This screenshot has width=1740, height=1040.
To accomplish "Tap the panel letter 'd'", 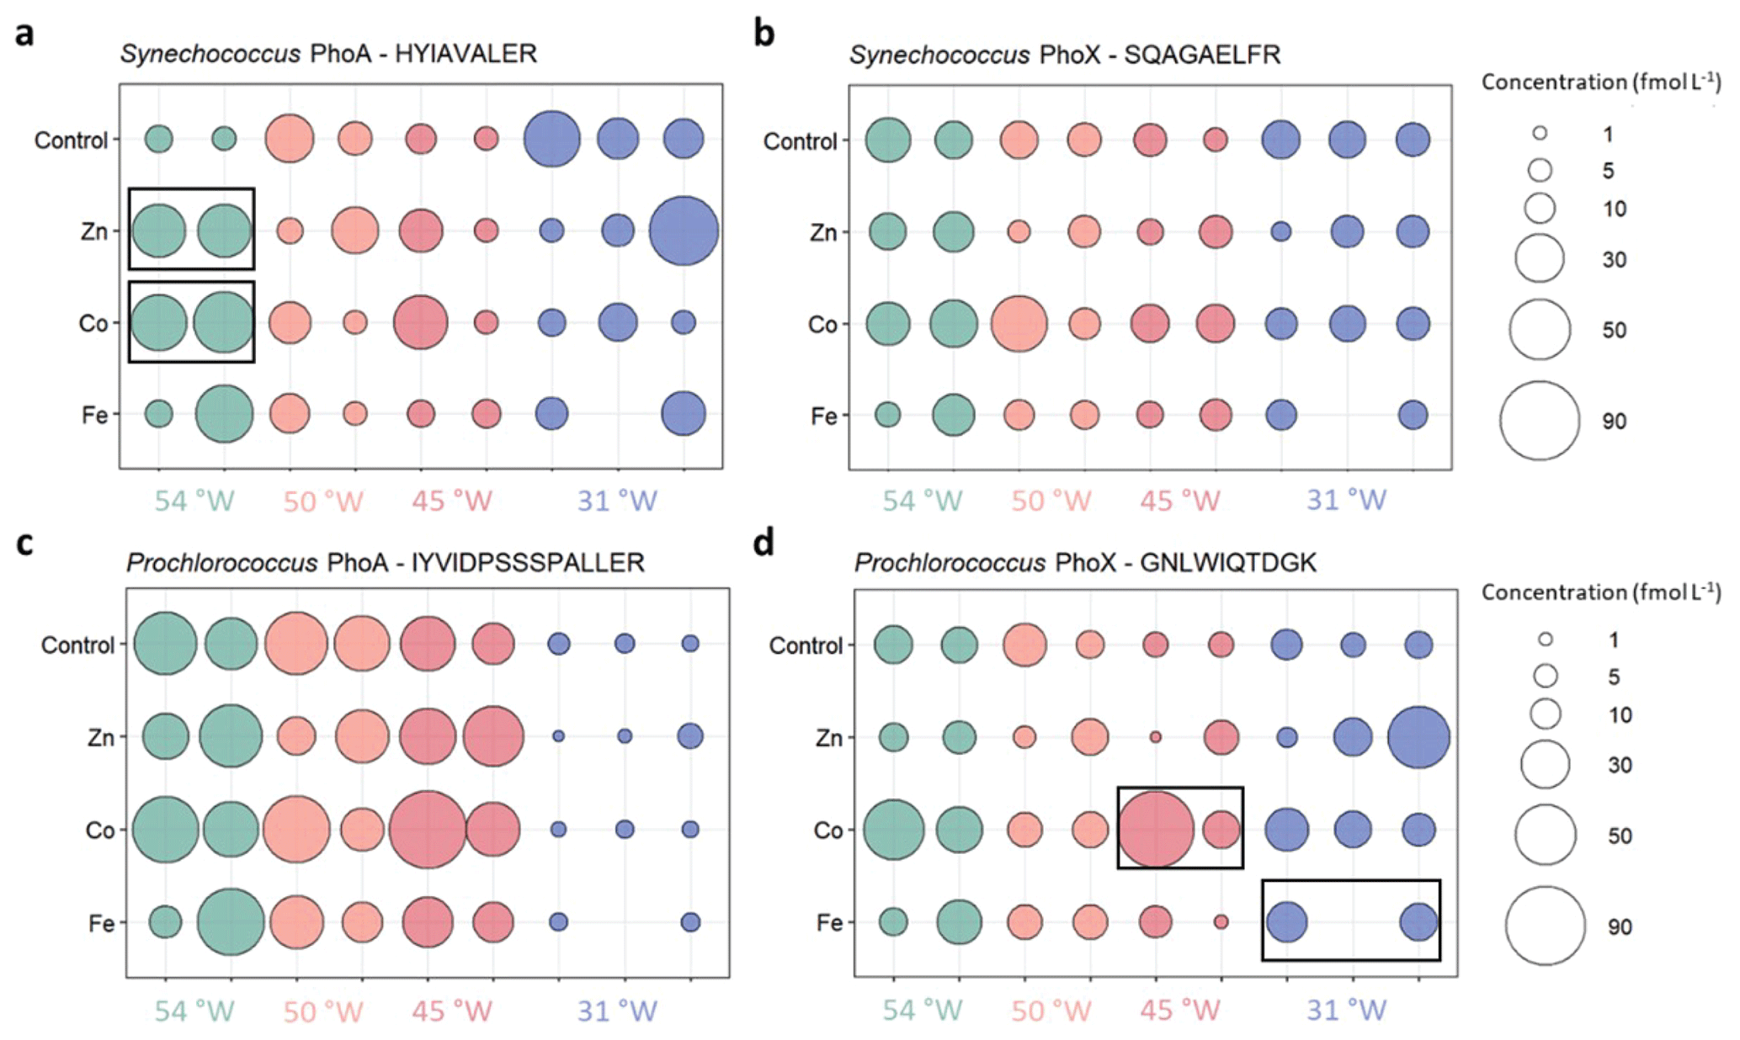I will (x=764, y=544).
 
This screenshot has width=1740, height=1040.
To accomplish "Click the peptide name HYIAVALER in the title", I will (x=466, y=54).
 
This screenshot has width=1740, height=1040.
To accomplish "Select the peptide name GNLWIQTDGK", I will (x=1228, y=562).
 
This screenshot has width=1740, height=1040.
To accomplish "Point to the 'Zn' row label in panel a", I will (x=93, y=231).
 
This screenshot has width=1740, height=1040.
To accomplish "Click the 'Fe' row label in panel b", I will (x=823, y=416).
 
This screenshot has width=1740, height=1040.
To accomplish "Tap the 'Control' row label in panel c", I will (x=77, y=645).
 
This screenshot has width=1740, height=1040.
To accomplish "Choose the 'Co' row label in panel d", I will (x=827, y=830).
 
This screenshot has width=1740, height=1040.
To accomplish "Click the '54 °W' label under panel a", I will (x=194, y=501).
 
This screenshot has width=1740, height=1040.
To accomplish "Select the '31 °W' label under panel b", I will (x=1346, y=500).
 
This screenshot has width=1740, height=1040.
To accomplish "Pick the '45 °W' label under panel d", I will (x=1180, y=1010).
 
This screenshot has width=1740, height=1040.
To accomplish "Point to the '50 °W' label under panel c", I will (x=322, y=1011).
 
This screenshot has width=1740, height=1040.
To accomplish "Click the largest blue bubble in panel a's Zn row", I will (x=684, y=231).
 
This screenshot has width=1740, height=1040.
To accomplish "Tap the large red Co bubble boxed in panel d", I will (x=1156, y=829).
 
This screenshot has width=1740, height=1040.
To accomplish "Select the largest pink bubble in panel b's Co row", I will (x=1019, y=323).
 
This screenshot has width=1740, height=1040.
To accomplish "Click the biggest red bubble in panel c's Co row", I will (x=428, y=829).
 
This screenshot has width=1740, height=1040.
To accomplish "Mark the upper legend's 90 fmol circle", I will (x=1539, y=421).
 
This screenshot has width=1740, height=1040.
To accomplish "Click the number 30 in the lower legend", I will (x=1620, y=765).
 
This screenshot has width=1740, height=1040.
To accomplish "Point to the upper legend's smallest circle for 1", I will (x=1540, y=133).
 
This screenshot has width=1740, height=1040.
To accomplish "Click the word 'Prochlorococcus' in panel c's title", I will (x=221, y=562).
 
